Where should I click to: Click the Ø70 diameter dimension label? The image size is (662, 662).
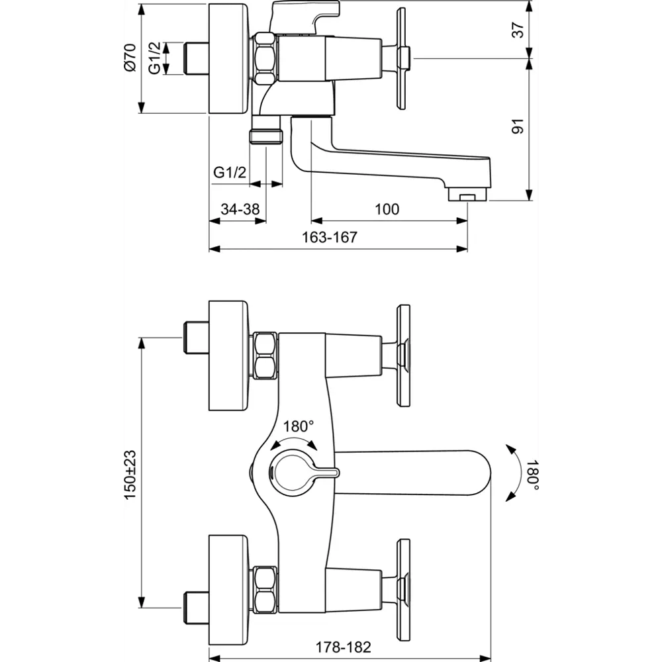[130, 59]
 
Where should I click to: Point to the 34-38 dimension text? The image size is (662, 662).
[240, 209]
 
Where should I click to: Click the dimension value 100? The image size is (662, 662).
[387, 209]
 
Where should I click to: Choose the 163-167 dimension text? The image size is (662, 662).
[334, 238]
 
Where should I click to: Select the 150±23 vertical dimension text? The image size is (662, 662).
[130, 474]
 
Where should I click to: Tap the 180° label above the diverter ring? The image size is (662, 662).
[298, 426]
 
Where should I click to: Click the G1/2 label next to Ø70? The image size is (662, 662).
[154, 59]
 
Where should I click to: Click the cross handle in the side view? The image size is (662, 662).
[402, 58]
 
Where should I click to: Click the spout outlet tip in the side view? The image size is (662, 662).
[467, 195]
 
